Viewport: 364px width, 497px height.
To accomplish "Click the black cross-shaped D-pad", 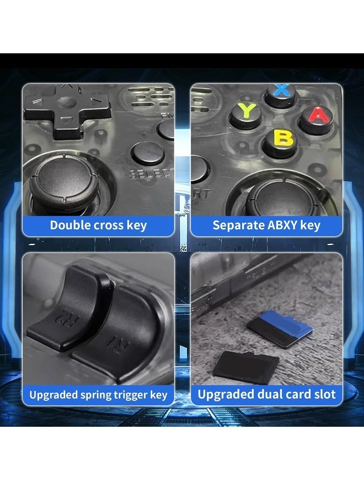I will (x=68, y=109).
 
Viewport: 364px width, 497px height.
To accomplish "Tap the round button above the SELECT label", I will (x=148, y=153).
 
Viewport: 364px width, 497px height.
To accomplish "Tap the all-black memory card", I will (x=246, y=367).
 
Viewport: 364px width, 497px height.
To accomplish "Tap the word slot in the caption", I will (x=324, y=395).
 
